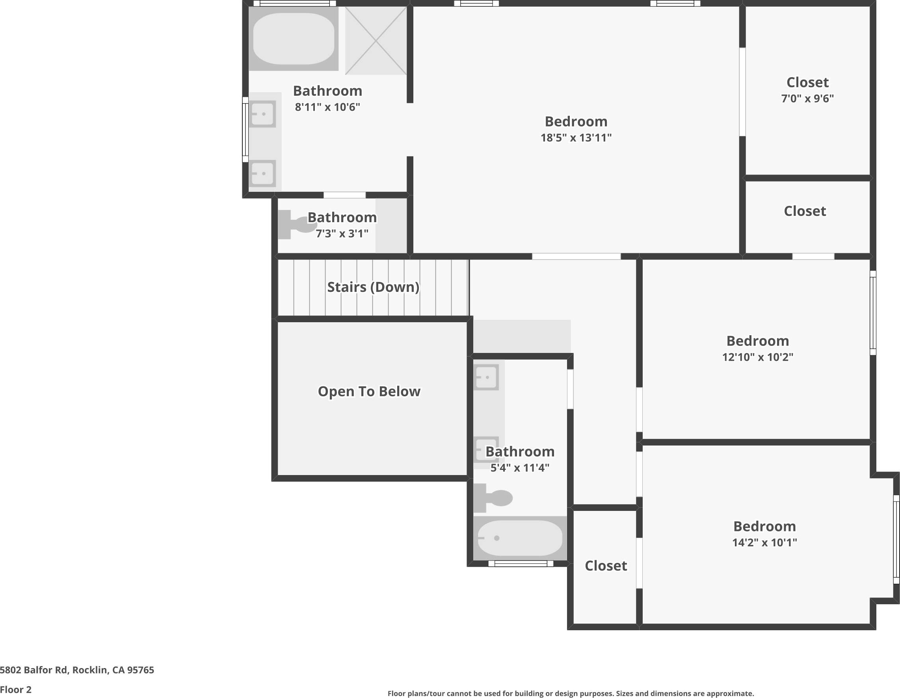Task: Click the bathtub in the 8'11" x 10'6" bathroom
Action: pyautogui.click(x=294, y=39)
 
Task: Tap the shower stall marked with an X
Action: pyautogui.click(x=376, y=41)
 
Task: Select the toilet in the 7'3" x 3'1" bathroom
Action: pyautogui.click(x=296, y=225)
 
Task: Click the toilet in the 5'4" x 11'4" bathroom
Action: pyautogui.click(x=495, y=498)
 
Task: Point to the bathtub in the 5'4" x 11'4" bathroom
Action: pyautogui.click(x=520, y=538)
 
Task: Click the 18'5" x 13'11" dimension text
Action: pyautogui.click(x=576, y=137)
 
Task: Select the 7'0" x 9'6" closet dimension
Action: pyautogui.click(x=807, y=98)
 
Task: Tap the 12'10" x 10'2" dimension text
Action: pyautogui.click(x=757, y=357)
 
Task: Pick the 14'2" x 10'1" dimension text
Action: pyautogui.click(x=764, y=542)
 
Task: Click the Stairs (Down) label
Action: pyautogui.click(x=373, y=287)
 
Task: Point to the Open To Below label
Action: pyautogui.click(x=369, y=391)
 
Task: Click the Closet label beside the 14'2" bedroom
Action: pyautogui.click(x=606, y=566)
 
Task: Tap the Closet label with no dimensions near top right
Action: pyautogui.click(x=805, y=211)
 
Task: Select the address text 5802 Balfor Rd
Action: pyautogui.click(x=77, y=670)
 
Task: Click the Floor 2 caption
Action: pyautogui.click(x=16, y=689)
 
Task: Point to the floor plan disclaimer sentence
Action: pyautogui.click(x=571, y=693)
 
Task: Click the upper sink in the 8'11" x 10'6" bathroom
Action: pyautogui.click(x=262, y=114)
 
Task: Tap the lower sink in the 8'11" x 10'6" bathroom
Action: pyautogui.click(x=262, y=173)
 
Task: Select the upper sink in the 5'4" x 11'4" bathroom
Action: pyautogui.click(x=486, y=377)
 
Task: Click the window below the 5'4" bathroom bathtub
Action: pyautogui.click(x=521, y=564)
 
